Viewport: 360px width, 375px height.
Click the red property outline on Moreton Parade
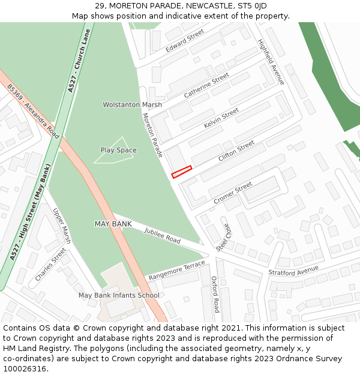pos(181,172)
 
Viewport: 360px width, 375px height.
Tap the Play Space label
pos(118,150)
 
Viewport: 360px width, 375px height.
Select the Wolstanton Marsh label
pos(132,105)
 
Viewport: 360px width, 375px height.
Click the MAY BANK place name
pos(113,224)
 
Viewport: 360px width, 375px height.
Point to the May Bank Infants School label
pos(119,295)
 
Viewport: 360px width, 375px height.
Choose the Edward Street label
pos(185,40)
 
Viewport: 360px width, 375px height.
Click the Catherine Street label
pos(206,86)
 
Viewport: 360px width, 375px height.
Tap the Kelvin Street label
pos(221,118)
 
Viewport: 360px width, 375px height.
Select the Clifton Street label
pos(236,151)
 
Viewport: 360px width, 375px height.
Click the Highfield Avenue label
pos(271,62)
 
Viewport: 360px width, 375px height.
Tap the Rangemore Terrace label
pos(176,271)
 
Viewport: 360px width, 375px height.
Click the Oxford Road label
pos(215,294)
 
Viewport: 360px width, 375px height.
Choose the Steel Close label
pos(223,237)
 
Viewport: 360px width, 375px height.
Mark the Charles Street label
pos(50,265)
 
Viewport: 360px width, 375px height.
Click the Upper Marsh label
pos(62,226)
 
